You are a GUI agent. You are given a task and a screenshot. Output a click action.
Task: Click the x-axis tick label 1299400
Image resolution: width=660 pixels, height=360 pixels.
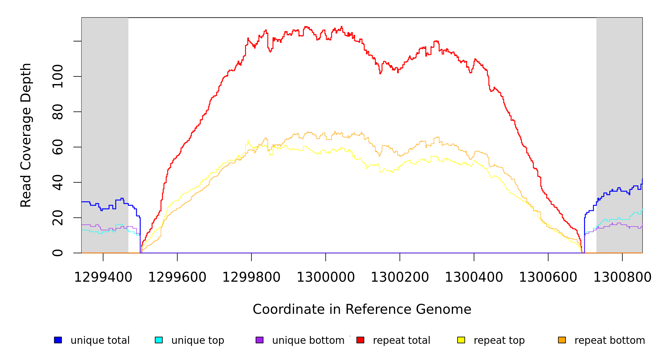103,277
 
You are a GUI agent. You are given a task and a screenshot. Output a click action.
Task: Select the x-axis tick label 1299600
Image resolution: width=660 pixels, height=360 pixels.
177,277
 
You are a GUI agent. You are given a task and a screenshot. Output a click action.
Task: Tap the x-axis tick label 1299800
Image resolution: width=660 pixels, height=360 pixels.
251,277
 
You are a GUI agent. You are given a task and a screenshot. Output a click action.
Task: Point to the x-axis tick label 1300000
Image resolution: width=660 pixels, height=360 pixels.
326,277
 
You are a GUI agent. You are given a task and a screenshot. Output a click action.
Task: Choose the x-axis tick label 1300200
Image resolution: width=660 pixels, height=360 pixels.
400,277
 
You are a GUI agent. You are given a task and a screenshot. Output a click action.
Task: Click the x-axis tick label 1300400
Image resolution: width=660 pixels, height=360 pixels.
474,277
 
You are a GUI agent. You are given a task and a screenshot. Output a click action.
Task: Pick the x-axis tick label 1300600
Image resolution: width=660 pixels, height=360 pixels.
548,277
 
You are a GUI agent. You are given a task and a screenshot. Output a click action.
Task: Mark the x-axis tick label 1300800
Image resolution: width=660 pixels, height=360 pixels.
622,277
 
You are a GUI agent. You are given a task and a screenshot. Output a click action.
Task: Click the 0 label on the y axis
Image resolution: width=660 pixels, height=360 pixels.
58,253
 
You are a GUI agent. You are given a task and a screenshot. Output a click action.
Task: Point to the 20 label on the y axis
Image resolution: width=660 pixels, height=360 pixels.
58,218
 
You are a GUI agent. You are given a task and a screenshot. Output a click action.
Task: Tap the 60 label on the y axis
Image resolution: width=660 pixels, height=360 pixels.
58,147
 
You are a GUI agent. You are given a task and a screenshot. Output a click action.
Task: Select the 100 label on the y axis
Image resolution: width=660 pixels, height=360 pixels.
58,76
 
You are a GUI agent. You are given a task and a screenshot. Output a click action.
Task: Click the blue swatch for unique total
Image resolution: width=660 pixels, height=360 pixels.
58,340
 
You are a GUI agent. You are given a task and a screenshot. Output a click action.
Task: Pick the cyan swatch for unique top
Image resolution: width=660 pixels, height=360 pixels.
159,340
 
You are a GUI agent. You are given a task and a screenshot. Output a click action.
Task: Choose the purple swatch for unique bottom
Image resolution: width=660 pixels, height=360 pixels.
259,340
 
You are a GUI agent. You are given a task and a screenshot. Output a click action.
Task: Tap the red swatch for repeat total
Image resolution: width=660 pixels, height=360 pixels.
360,340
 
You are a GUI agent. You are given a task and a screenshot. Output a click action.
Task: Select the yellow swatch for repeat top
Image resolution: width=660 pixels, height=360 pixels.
461,340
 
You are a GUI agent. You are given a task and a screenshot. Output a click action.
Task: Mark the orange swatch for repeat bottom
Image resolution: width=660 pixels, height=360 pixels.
562,340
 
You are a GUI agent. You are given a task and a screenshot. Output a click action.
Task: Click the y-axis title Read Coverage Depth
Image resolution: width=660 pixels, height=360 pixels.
26,135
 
